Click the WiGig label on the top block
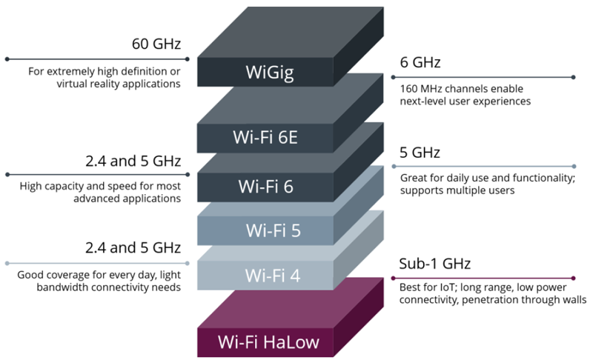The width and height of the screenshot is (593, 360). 269,73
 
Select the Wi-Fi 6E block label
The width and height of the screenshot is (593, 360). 265,137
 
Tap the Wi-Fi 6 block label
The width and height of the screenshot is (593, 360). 265,187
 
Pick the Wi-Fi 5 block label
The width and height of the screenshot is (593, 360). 273,230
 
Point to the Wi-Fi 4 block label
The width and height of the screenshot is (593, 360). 273,276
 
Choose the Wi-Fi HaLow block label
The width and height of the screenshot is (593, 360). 268,342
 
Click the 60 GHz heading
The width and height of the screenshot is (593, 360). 156,44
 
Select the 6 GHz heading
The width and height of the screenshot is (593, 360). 420,62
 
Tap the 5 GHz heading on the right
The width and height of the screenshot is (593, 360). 420,153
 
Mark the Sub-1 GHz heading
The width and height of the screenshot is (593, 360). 435,264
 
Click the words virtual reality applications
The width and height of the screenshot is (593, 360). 119,84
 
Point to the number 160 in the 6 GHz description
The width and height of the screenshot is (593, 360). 408,89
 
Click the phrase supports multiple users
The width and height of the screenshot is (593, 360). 457,190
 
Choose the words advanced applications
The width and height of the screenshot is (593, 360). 127,199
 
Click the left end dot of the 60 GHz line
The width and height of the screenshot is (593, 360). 7,59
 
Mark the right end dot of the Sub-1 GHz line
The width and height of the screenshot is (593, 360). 574,279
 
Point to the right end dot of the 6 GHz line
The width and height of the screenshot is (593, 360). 574,78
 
